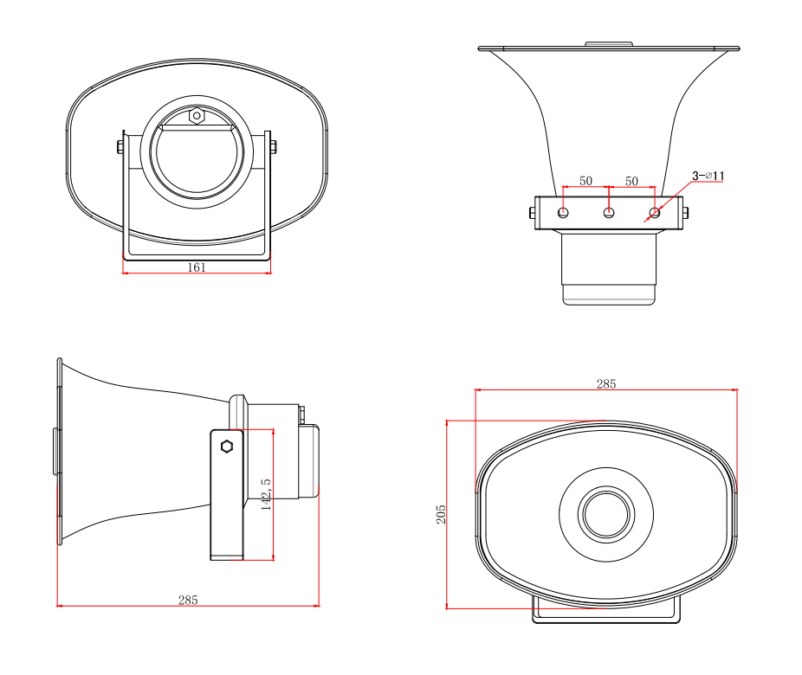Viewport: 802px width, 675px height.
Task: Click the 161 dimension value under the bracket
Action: click(x=197, y=267)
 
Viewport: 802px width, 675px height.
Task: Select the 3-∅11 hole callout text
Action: click(x=708, y=176)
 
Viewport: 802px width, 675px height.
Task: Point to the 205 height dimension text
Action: click(x=442, y=515)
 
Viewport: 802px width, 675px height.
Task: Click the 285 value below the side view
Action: click(x=188, y=600)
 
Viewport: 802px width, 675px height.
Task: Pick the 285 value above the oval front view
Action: click(x=606, y=384)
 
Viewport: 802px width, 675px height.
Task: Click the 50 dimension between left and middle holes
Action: click(x=586, y=181)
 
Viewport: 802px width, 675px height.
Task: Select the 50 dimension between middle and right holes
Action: click(x=631, y=181)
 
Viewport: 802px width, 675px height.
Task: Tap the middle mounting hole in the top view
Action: click(x=609, y=212)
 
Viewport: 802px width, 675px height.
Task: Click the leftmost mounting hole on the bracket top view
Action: click(x=563, y=212)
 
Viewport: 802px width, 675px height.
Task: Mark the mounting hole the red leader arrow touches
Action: click(x=655, y=212)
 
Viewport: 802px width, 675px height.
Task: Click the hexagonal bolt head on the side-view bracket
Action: click(x=227, y=447)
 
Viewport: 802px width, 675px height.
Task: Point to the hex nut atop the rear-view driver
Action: click(x=197, y=115)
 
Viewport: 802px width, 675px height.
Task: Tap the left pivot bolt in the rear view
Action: click(x=120, y=147)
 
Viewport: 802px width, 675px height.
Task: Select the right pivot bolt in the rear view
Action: click(x=273, y=146)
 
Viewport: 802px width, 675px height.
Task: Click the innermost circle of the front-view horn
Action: click(x=606, y=513)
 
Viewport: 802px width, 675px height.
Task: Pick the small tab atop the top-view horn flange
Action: click(x=609, y=43)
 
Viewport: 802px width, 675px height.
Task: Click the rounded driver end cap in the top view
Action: click(x=609, y=294)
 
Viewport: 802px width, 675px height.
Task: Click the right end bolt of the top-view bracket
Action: click(x=685, y=212)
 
